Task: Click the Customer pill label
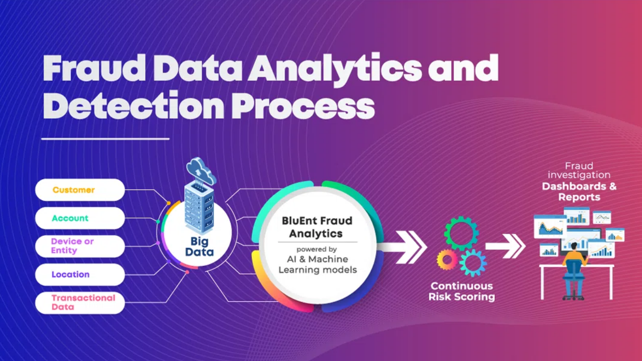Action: (80, 190)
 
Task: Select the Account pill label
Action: (80, 218)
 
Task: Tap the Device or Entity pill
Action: (80, 246)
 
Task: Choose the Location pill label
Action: (80, 275)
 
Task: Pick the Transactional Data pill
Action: (80, 303)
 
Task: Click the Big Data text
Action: (199, 247)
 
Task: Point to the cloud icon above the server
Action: (201, 171)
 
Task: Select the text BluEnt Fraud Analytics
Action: (317, 227)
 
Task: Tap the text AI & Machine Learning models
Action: (318, 264)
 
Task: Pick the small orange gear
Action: (447, 259)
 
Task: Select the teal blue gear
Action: (473, 262)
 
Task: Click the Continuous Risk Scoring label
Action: (462, 291)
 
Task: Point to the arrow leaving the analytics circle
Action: (403, 247)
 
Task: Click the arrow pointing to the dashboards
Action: (505, 246)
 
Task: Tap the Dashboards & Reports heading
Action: (579, 191)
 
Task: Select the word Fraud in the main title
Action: (94, 69)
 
